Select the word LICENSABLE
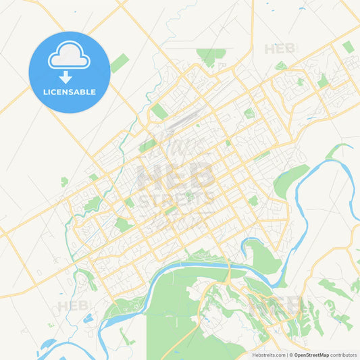tap(69, 92)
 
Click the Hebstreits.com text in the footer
tap(267, 355)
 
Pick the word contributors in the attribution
tap(343, 355)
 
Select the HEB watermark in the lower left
tap(72, 306)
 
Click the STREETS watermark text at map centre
tap(177, 198)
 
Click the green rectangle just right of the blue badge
tap(120, 63)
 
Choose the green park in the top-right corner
tap(348, 47)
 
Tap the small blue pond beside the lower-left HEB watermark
tap(88, 318)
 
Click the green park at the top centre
tap(210, 55)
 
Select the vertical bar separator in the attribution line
tap(286, 355)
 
